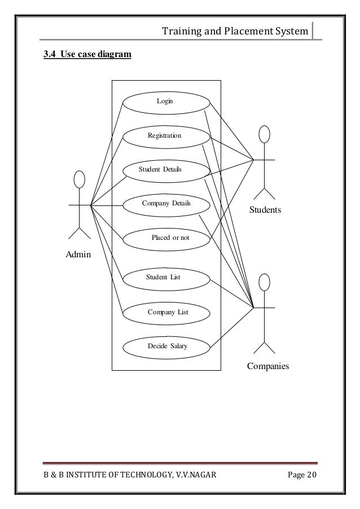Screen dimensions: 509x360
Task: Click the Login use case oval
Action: [x=165, y=102]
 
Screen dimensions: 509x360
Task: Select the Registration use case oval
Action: [x=165, y=136]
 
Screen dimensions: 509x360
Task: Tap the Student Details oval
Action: [x=161, y=169]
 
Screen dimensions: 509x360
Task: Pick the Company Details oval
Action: [x=166, y=204]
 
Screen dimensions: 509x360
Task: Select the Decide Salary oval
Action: [x=166, y=346]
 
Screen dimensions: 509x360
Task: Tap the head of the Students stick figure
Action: [x=264, y=135]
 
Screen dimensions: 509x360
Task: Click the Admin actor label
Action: [x=78, y=255]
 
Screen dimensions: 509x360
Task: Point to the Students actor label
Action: [x=265, y=210]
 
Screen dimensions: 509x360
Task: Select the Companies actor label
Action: [x=267, y=366]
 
